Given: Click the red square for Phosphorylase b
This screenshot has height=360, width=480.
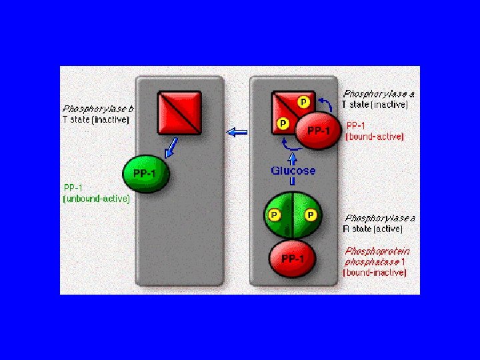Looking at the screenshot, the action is (179, 113).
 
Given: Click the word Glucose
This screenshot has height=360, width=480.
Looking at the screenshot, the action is (293, 171).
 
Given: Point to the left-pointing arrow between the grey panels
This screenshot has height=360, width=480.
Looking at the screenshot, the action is (237, 133).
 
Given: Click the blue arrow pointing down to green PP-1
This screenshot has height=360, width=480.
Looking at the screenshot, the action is (171, 147).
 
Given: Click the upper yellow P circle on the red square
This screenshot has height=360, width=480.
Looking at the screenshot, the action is (303, 102).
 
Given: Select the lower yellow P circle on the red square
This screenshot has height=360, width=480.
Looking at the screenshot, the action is (283, 123).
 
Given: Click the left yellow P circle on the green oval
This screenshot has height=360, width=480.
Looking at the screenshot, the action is (274, 215).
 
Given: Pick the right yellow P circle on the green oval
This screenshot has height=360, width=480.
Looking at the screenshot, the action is (311, 215).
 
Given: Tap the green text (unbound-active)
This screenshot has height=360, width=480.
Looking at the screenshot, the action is (96, 199).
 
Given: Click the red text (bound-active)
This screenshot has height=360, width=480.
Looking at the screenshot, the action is (375, 137).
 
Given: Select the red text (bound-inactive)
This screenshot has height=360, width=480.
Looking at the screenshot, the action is (375, 273).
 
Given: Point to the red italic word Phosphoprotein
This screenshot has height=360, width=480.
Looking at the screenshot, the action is (377, 251).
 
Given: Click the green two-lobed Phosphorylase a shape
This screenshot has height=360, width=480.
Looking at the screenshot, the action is (293, 215).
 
